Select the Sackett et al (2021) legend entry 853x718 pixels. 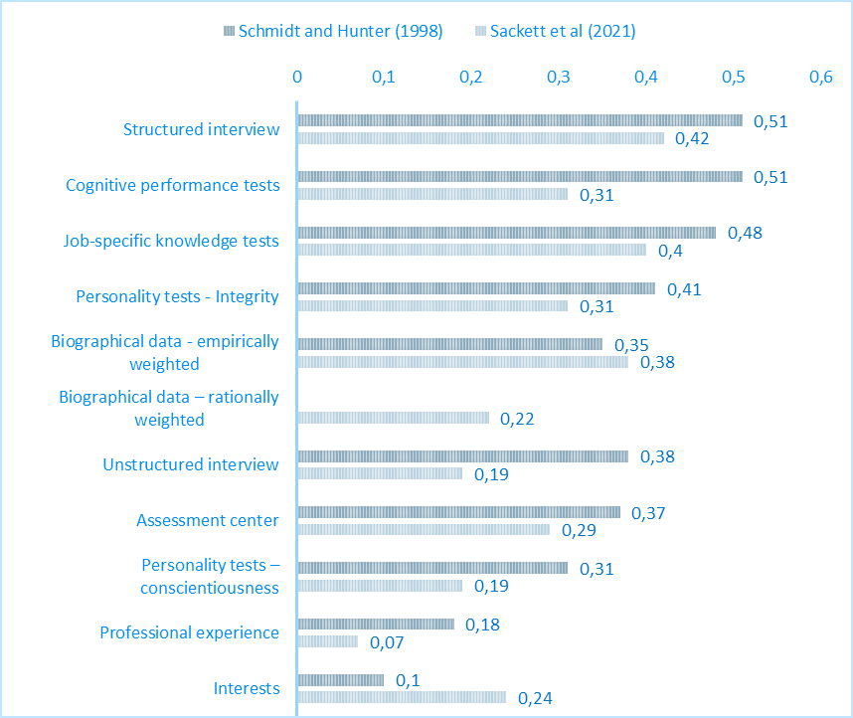(553, 30)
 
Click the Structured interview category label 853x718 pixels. (202, 129)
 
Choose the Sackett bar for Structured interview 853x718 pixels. (480, 138)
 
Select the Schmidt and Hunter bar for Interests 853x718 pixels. (340, 680)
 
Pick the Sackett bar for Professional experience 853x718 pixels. (327, 642)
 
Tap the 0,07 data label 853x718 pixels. (387, 642)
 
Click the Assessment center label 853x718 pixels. (208, 520)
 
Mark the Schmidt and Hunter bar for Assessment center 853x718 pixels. (458, 512)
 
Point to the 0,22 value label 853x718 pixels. (517, 419)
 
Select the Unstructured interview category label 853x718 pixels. (191, 464)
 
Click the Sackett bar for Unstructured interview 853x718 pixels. (380, 474)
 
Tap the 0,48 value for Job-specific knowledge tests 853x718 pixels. (745, 233)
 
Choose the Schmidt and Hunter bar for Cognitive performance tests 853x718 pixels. (519, 176)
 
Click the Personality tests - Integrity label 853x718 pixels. (178, 296)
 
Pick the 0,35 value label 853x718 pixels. (631, 345)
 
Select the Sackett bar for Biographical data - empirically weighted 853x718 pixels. (462, 362)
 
